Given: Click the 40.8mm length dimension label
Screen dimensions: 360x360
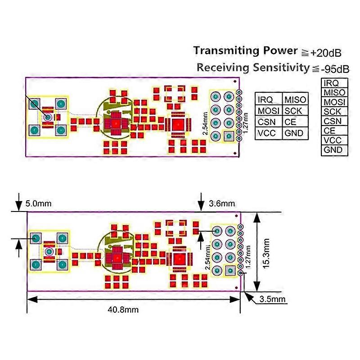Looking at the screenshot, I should coord(123,309).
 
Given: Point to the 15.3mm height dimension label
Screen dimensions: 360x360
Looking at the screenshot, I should coord(266,253).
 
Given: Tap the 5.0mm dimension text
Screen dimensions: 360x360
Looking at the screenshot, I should coord(38,204).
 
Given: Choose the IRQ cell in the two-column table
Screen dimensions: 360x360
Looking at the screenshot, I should coord(265,99).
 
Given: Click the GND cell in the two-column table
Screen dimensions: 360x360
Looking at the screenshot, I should coord(294,133).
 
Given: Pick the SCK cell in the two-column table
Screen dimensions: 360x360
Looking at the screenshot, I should coord(293,111).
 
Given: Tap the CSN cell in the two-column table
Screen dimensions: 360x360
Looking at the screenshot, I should coord(265,122).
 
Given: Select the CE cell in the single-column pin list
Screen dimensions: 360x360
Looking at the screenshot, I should coord(329,130).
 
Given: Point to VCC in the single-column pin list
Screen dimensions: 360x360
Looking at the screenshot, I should coord(333,140).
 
